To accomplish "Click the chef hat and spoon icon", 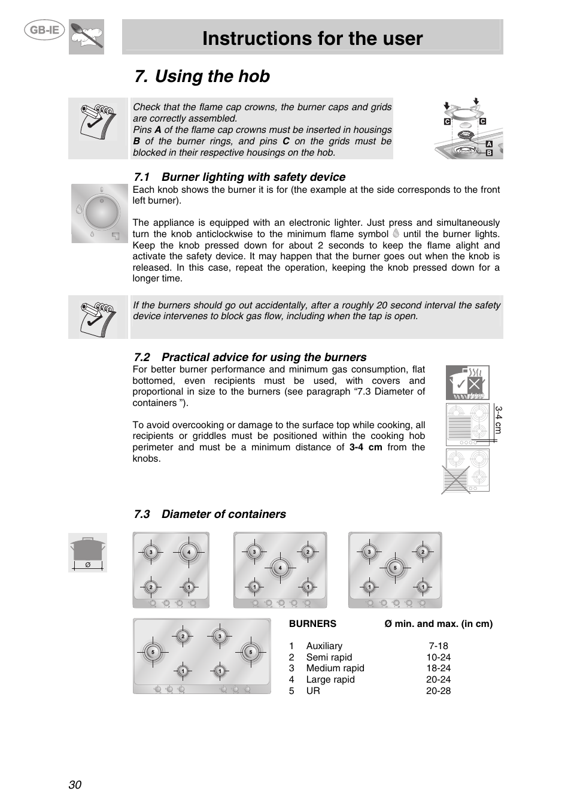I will [86, 37].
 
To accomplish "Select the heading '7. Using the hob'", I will [202, 77].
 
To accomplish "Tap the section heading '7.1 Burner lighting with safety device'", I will [239, 177].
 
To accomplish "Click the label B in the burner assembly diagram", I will [489, 153].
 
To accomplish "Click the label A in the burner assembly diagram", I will [489, 144].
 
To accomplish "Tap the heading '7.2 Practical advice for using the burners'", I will [250, 357].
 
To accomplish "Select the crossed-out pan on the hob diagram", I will [455, 480].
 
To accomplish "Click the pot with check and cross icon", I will [467, 383].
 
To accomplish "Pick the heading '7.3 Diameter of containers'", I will [209, 514].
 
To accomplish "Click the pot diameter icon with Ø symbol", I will [87, 552].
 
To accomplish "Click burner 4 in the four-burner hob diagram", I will [189, 552].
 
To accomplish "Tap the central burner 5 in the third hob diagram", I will [394, 567].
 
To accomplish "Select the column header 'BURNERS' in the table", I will [312, 624].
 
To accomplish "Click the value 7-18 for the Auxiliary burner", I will [438, 646].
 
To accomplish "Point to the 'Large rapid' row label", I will [330, 680].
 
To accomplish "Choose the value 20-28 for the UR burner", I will [438, 691].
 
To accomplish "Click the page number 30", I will [75, 785].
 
